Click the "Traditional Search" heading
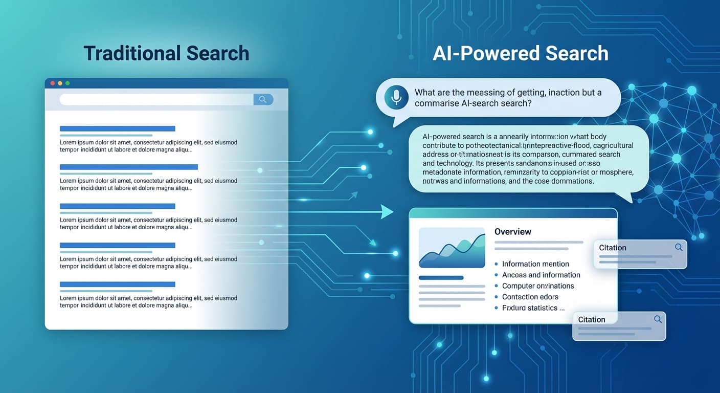coord(166,53)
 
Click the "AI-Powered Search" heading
coord(521,53)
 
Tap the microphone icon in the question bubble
coord(395,97)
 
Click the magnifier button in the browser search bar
coord(263,99)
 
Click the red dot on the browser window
coord(52,83)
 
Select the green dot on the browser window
coord(67,83)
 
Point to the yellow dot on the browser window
coord(60,83)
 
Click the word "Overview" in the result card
coord(512,232)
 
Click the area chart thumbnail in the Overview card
coord(452,248)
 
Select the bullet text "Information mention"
coord(535,264)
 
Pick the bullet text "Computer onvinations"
coord(538,286)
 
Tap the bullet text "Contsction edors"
coord(530,297)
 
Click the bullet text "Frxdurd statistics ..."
coord(533,308)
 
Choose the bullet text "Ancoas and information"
coord(541,275)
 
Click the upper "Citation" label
coord(613,248)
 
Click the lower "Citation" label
coord(592,319)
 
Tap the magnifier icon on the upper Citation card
coord(679,247)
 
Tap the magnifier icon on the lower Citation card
coord(658,319)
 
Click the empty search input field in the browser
coord(156,99)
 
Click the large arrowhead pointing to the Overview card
coord(387,211)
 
